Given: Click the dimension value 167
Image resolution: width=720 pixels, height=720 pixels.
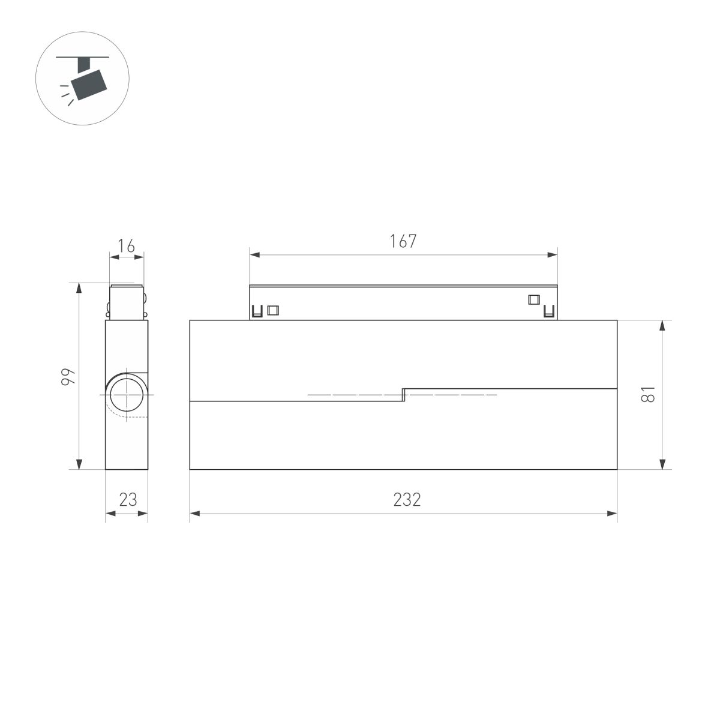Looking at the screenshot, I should click(x=403, y=241).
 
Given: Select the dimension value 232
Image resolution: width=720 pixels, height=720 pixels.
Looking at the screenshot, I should click(x=407, y=499).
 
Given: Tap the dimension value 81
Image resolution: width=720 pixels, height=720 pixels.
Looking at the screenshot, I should click(x=647, y=394).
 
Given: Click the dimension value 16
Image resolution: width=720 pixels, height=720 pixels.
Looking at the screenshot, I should click(x=126, y=246).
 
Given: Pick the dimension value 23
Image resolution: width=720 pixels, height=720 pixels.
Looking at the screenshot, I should click(x=127, y=499).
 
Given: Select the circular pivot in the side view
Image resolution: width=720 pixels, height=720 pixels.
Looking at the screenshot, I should click(x=127, y=394).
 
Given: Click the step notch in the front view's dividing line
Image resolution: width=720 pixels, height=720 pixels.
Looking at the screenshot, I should click(x=404, y=394).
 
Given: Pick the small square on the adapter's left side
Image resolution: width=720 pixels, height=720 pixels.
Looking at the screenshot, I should click(x=273, y=310).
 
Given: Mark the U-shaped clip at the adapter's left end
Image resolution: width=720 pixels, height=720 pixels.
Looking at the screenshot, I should click(x=257, y=311).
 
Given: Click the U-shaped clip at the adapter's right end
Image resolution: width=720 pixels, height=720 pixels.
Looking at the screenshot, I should click(x=548, y=311).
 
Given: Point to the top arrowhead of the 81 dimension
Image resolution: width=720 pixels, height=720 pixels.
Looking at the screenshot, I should click(x=662, y=325).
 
